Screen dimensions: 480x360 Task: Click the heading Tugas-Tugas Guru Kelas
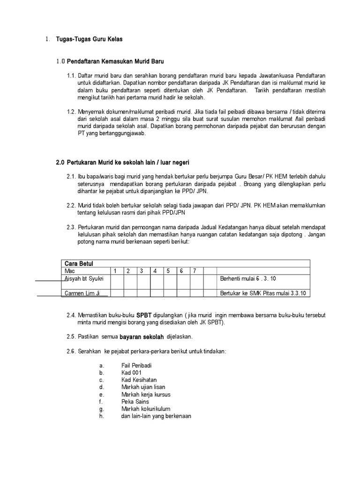89,39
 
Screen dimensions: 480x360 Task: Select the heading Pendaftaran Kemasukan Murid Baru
115,61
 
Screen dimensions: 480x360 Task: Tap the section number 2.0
60,162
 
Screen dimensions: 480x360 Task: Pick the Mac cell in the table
69,271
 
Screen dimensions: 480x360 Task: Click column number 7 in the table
195,271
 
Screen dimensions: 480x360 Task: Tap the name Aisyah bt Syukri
83,279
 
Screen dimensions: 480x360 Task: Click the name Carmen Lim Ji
82,293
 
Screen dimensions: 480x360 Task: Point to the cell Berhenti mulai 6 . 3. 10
248,279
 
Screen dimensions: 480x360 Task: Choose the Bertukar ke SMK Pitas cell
262,293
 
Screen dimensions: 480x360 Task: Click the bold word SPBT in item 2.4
144,315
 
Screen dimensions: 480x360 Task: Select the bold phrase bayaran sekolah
142,337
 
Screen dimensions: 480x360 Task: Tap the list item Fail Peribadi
136,366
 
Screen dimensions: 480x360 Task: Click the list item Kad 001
131,373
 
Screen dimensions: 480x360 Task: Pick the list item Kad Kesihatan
139,380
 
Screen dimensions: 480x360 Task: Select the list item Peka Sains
135,402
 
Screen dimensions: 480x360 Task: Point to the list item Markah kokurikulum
146,409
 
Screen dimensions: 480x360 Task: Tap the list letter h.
101,416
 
